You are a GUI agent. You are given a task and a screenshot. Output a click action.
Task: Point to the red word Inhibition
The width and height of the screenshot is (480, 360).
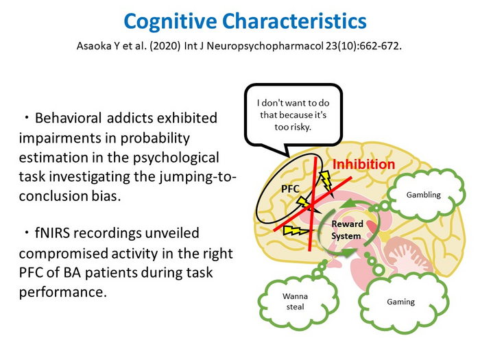(364, 165)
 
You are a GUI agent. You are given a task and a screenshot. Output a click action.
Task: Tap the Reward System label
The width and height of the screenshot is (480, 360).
(347, 230)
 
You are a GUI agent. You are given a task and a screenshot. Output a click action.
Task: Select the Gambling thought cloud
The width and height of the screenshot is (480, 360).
(423, 195)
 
